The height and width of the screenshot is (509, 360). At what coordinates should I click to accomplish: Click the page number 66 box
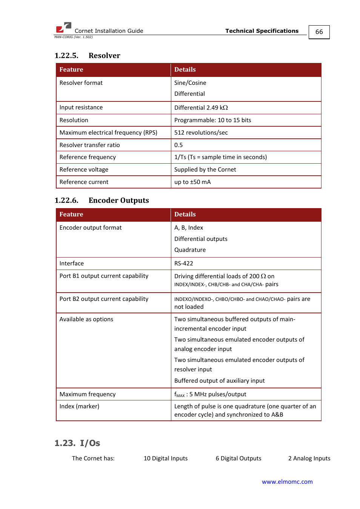(319, 32)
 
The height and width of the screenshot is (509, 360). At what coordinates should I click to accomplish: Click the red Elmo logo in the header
(63, 28)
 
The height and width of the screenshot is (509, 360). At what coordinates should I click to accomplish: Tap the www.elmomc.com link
(287, 481)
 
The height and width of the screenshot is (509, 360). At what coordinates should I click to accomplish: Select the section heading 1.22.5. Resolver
(87, 55)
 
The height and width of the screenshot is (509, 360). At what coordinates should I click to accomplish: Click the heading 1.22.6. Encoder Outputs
(102, 200)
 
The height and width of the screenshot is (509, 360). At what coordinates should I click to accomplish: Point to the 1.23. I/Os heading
(77, 443)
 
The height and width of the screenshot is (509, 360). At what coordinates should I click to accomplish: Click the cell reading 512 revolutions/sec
(201, 133)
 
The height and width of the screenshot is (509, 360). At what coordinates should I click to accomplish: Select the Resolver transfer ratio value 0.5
(178, 145)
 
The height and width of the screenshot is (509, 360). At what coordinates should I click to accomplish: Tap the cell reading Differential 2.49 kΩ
(201, 108)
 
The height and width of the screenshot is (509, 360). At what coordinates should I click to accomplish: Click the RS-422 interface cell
(184, 264)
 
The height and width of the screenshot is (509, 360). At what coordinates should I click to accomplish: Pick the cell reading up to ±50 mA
(192, 182)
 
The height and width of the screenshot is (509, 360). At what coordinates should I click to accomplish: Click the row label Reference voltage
(84, 170)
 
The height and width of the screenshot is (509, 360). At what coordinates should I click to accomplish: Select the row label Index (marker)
(79, 406)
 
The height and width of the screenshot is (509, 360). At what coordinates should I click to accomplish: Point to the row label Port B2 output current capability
(104, 299)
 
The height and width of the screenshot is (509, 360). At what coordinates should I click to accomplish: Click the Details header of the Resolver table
(185, 70)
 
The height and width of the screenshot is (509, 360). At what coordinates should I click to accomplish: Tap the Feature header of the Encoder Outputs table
(71, 215)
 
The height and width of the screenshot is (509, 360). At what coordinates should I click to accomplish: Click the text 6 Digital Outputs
(238, 458)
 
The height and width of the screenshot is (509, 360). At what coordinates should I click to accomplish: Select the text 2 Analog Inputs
(309, 458)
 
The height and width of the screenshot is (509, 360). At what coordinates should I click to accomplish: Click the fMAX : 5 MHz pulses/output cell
(210, 394)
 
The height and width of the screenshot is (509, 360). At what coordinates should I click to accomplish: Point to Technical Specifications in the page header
(262, 31)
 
